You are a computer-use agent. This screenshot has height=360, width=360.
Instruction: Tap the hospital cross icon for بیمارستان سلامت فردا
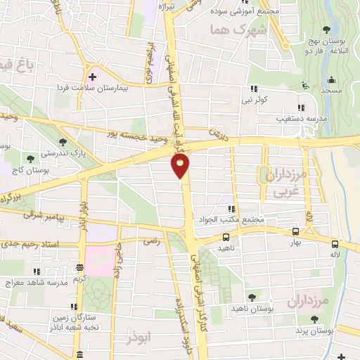point(92,76)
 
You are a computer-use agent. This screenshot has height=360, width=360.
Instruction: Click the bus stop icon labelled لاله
point(334,245)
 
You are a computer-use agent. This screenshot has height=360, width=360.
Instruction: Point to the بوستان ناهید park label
point(251,309)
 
